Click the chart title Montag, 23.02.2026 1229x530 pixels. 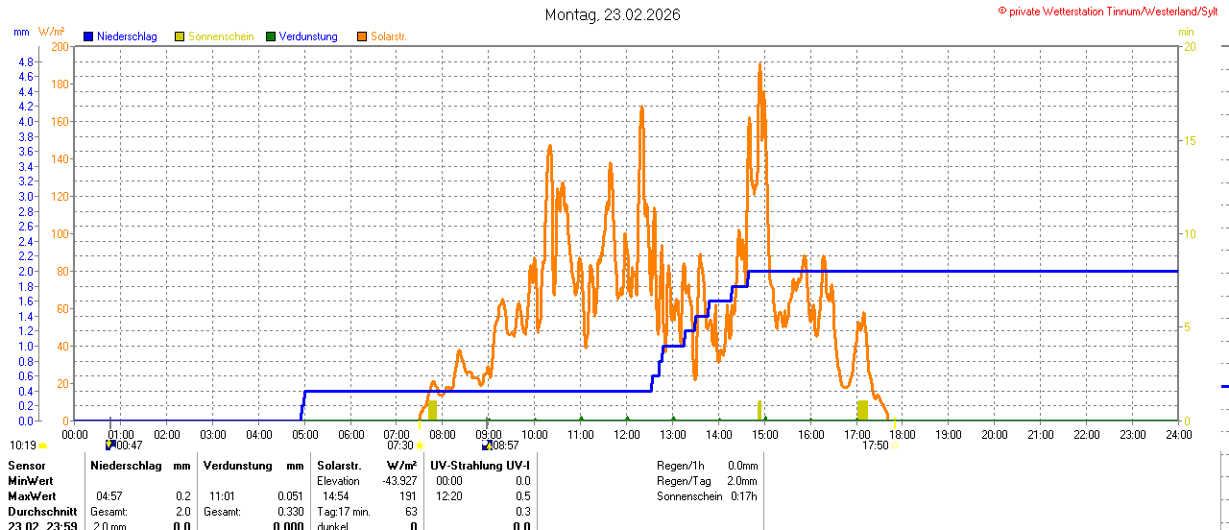(x=613, y=14)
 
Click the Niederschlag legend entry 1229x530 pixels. (x=120, y=36)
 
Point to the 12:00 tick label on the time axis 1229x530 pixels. (x=627, y=434)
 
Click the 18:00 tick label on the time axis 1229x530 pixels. (x=903, y=434)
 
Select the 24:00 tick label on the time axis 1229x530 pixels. (x=1178, y=434)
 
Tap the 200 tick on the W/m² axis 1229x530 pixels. (x=60, y=46)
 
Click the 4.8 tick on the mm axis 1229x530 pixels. (x=26, y=61)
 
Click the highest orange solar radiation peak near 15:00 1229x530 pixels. (x=759, y=64)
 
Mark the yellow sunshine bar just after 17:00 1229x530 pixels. (x=862, y=410)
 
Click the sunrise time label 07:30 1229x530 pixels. (x=400, y=446)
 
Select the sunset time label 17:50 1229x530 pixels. (x=875, y=446)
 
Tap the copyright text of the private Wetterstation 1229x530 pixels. (x=1112, y=11)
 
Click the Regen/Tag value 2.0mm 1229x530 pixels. (x=741, y=481)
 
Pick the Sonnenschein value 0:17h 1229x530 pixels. (x=741, y=496)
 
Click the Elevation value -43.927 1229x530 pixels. (x=398, y=481)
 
